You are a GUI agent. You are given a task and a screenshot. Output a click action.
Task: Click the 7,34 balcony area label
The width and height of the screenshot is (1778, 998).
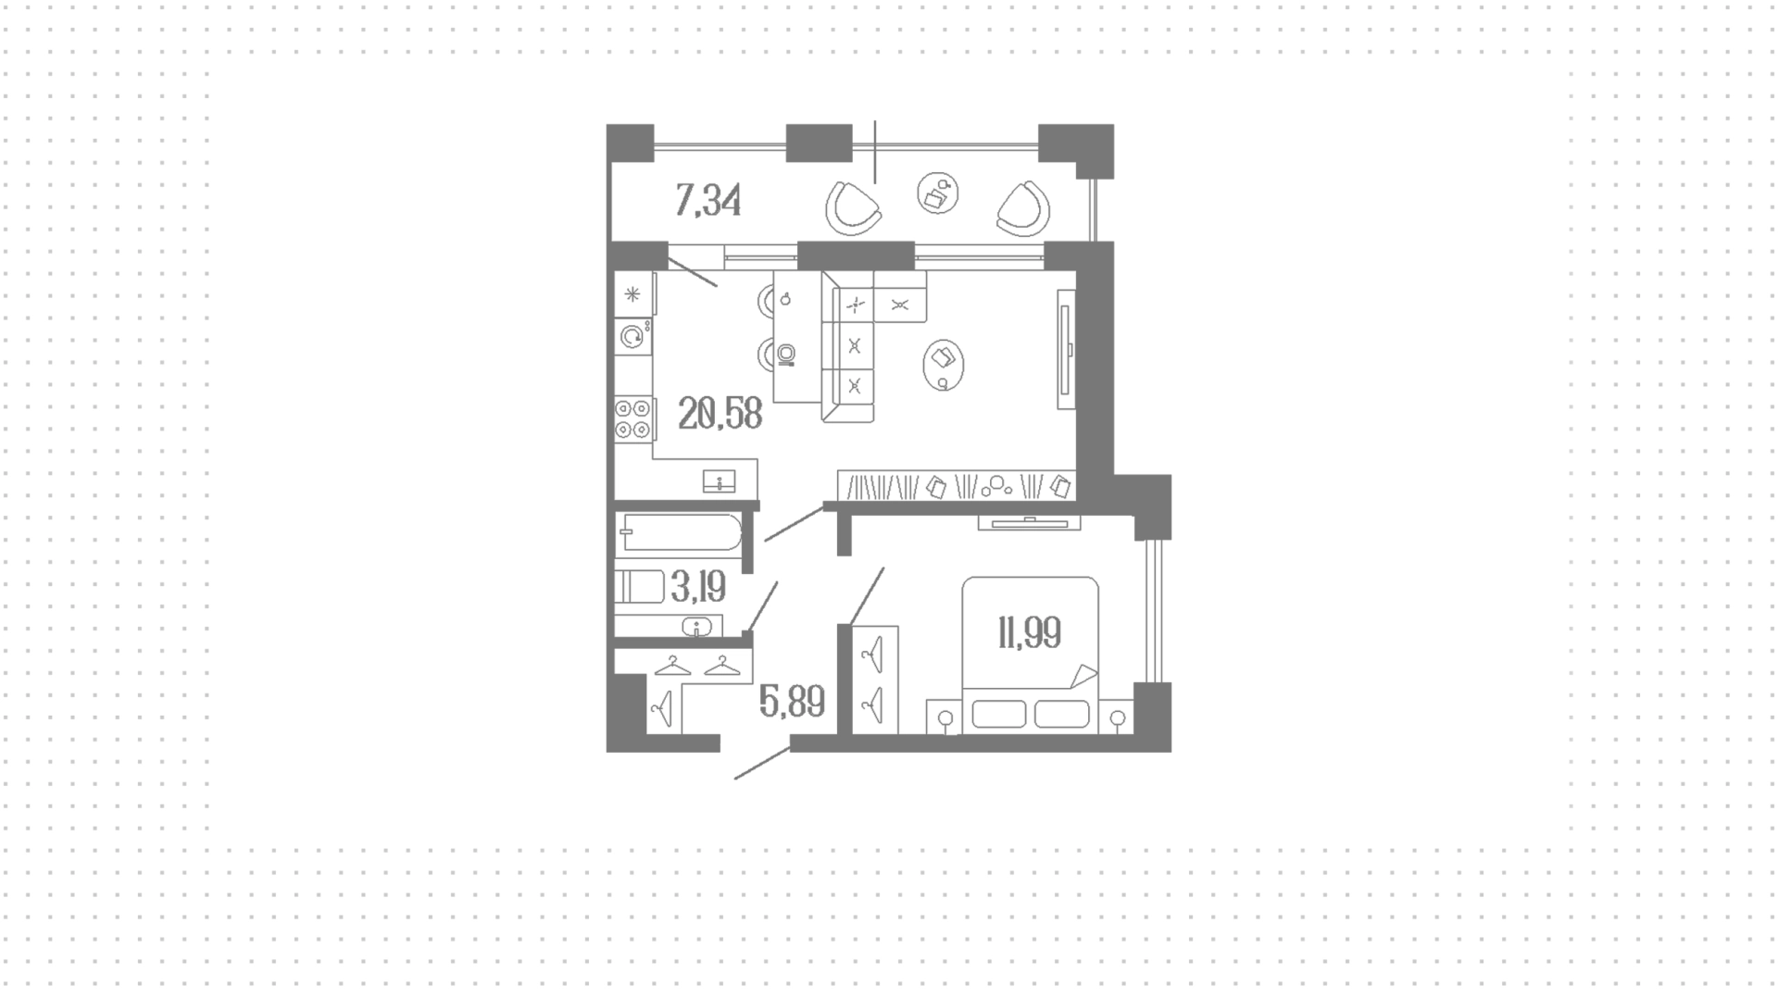(708, 200)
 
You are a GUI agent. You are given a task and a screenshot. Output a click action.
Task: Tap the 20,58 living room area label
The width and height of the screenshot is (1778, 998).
(720, 413)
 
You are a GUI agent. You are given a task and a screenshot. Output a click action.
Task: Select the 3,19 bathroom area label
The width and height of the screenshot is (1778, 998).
(698, 586)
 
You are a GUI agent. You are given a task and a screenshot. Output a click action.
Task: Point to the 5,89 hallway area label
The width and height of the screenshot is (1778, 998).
(792, 702)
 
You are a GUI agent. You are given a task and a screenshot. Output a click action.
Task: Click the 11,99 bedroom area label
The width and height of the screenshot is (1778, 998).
(1029, 633)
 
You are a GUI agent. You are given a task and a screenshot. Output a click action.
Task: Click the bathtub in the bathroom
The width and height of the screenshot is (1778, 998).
(682, 533)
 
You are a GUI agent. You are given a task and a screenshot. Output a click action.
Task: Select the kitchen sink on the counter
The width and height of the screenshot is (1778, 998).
(720, 481)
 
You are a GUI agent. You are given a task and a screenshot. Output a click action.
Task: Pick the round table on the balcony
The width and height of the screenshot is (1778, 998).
(937, 193)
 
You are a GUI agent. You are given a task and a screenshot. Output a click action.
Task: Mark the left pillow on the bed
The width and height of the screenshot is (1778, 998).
(999, 714)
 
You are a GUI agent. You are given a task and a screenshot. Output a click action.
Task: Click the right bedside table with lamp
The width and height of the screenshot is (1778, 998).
(1117, 718)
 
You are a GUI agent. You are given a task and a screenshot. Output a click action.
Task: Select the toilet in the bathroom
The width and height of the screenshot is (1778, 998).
(640, 586)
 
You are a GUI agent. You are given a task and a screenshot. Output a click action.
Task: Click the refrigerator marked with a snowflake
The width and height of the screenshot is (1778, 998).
(633, 294)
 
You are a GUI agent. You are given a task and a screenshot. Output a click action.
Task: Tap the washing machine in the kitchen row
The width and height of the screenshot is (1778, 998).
(633, 337)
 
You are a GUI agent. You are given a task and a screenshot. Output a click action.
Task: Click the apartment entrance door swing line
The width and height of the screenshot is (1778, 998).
(762, 763)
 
